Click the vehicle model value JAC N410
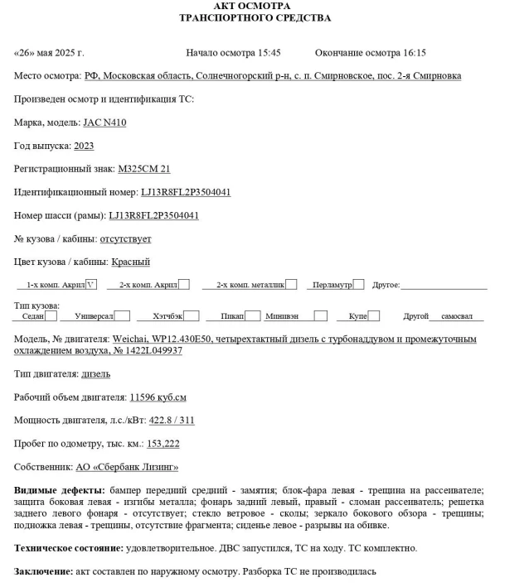(x=104, y=123)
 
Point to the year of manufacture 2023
(x=84, y=146)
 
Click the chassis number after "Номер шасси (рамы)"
(x=153, y=215)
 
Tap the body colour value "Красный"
(x=131, y=262)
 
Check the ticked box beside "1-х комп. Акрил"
(x=91, y=285)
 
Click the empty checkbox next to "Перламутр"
(x=359, y=285)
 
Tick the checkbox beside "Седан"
(x=51, y=315)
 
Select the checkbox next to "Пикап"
(x=253, y=315)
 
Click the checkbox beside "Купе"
(x=374, y=315)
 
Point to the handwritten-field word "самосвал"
(x=456, y=316)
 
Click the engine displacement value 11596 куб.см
(x=158, y=397)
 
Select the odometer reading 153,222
(x=163, y=444)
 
